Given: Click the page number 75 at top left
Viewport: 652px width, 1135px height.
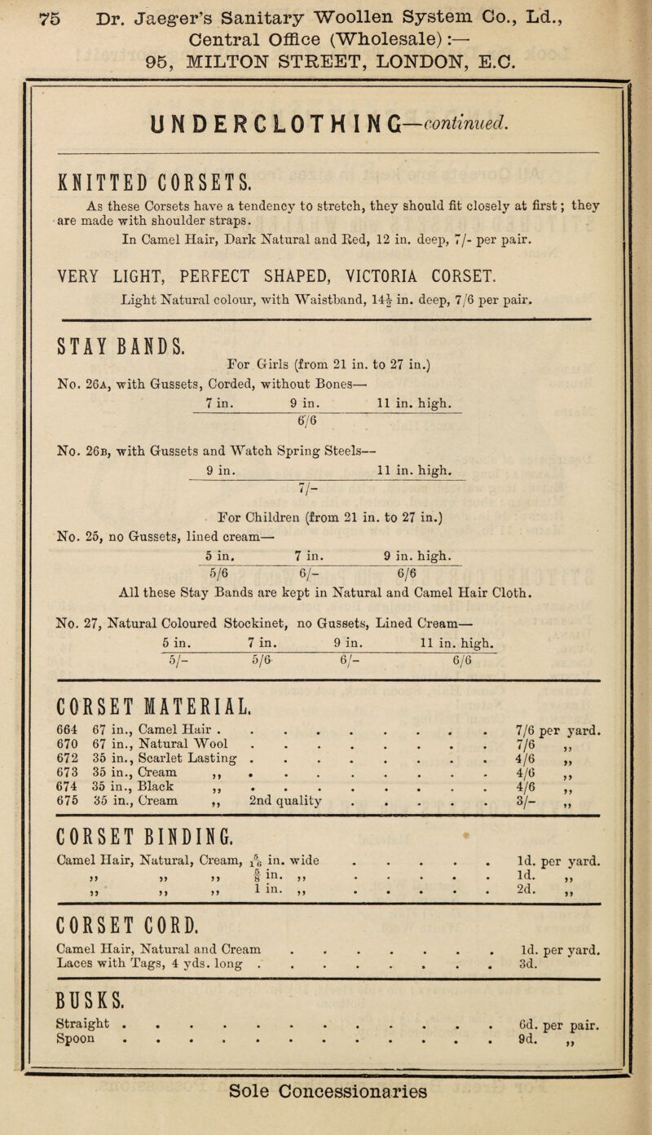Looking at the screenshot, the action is pos(21,15).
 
